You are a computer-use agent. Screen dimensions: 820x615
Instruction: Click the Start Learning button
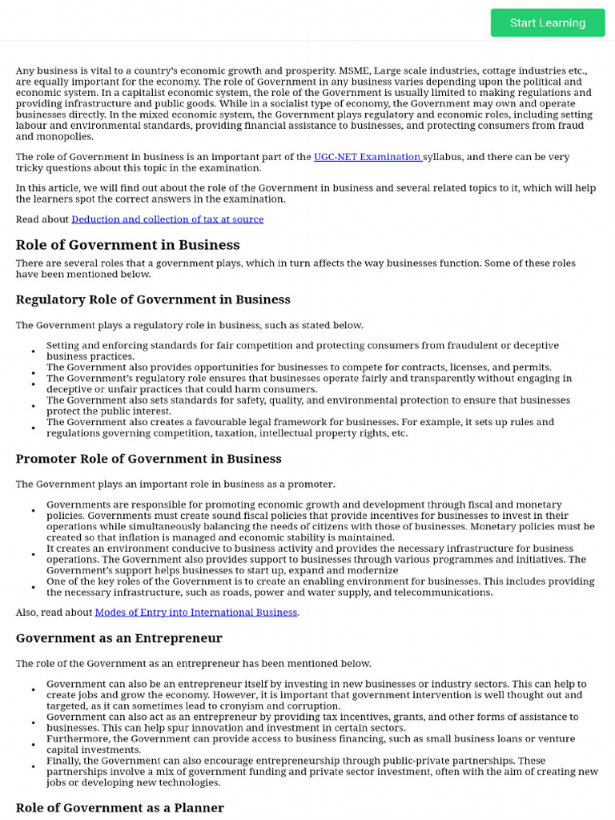click(x=548, y=22)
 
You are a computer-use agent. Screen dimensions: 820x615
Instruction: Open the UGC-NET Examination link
click(x=368, y=157)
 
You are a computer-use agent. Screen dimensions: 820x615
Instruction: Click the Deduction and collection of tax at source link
click(x=167, y=219)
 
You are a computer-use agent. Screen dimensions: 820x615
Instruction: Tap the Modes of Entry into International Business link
click(x=196, y=613)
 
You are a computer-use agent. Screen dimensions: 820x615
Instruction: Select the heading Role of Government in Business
click(x=128, y=245)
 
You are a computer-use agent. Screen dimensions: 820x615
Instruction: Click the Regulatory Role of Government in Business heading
click(x=153, y=299)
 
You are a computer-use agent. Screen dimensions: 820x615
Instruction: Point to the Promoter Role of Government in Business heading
click(x=149, y=459)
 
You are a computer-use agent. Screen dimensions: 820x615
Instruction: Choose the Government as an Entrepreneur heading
click(x=119, y=638)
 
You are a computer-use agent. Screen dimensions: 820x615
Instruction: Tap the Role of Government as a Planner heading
click(x=120, y=807)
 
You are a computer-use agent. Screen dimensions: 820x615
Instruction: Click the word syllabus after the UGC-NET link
click(x=443, y=157)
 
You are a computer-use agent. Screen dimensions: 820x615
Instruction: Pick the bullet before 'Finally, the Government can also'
click(x=34, y=766)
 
